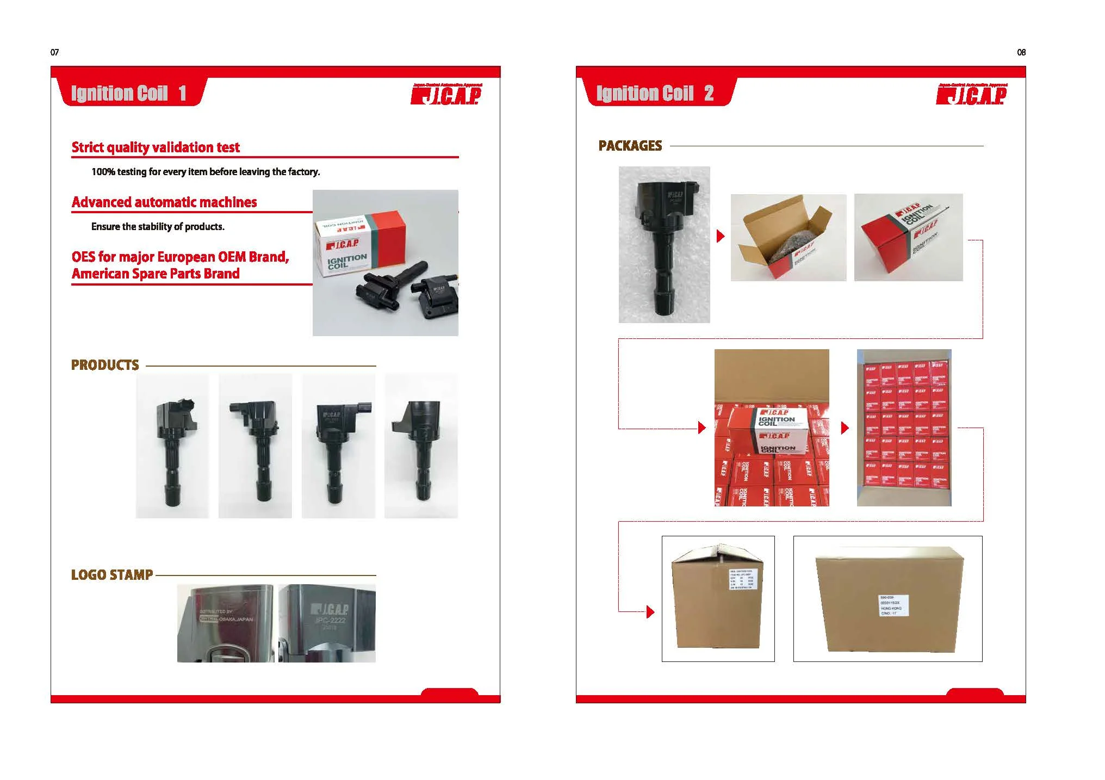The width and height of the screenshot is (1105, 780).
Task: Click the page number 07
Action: (x=54, y=52)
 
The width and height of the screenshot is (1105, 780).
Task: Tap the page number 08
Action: (x=1021, y=52)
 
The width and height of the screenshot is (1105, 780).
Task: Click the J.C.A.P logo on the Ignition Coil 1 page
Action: (x=446, y=95)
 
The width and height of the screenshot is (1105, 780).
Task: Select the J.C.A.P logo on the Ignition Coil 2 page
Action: (x=971, y=95)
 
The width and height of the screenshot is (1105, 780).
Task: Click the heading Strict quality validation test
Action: (x=156, y=147)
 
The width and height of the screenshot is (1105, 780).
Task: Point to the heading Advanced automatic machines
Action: (x=164, y=202)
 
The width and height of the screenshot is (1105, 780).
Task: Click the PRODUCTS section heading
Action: (x=105, y=365)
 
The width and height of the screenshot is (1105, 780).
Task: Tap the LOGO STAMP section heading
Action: (x=112, y=575)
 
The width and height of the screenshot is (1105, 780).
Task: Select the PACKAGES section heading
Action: (x=630, y=146)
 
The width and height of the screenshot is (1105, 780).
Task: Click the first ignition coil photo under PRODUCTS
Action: (x=172, y=446)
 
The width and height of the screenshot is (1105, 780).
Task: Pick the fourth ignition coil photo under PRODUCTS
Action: (x=421, y=446)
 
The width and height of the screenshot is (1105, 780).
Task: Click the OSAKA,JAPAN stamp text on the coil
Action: (x=235, y=619)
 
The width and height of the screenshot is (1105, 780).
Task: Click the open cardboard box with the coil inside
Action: (x=789, y=238)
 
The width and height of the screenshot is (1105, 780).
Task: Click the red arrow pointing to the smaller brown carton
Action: (x=650, y=612)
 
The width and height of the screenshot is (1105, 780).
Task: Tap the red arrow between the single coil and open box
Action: (x=721, y=236)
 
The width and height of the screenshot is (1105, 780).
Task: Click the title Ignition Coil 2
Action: (x=655, y=94)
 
